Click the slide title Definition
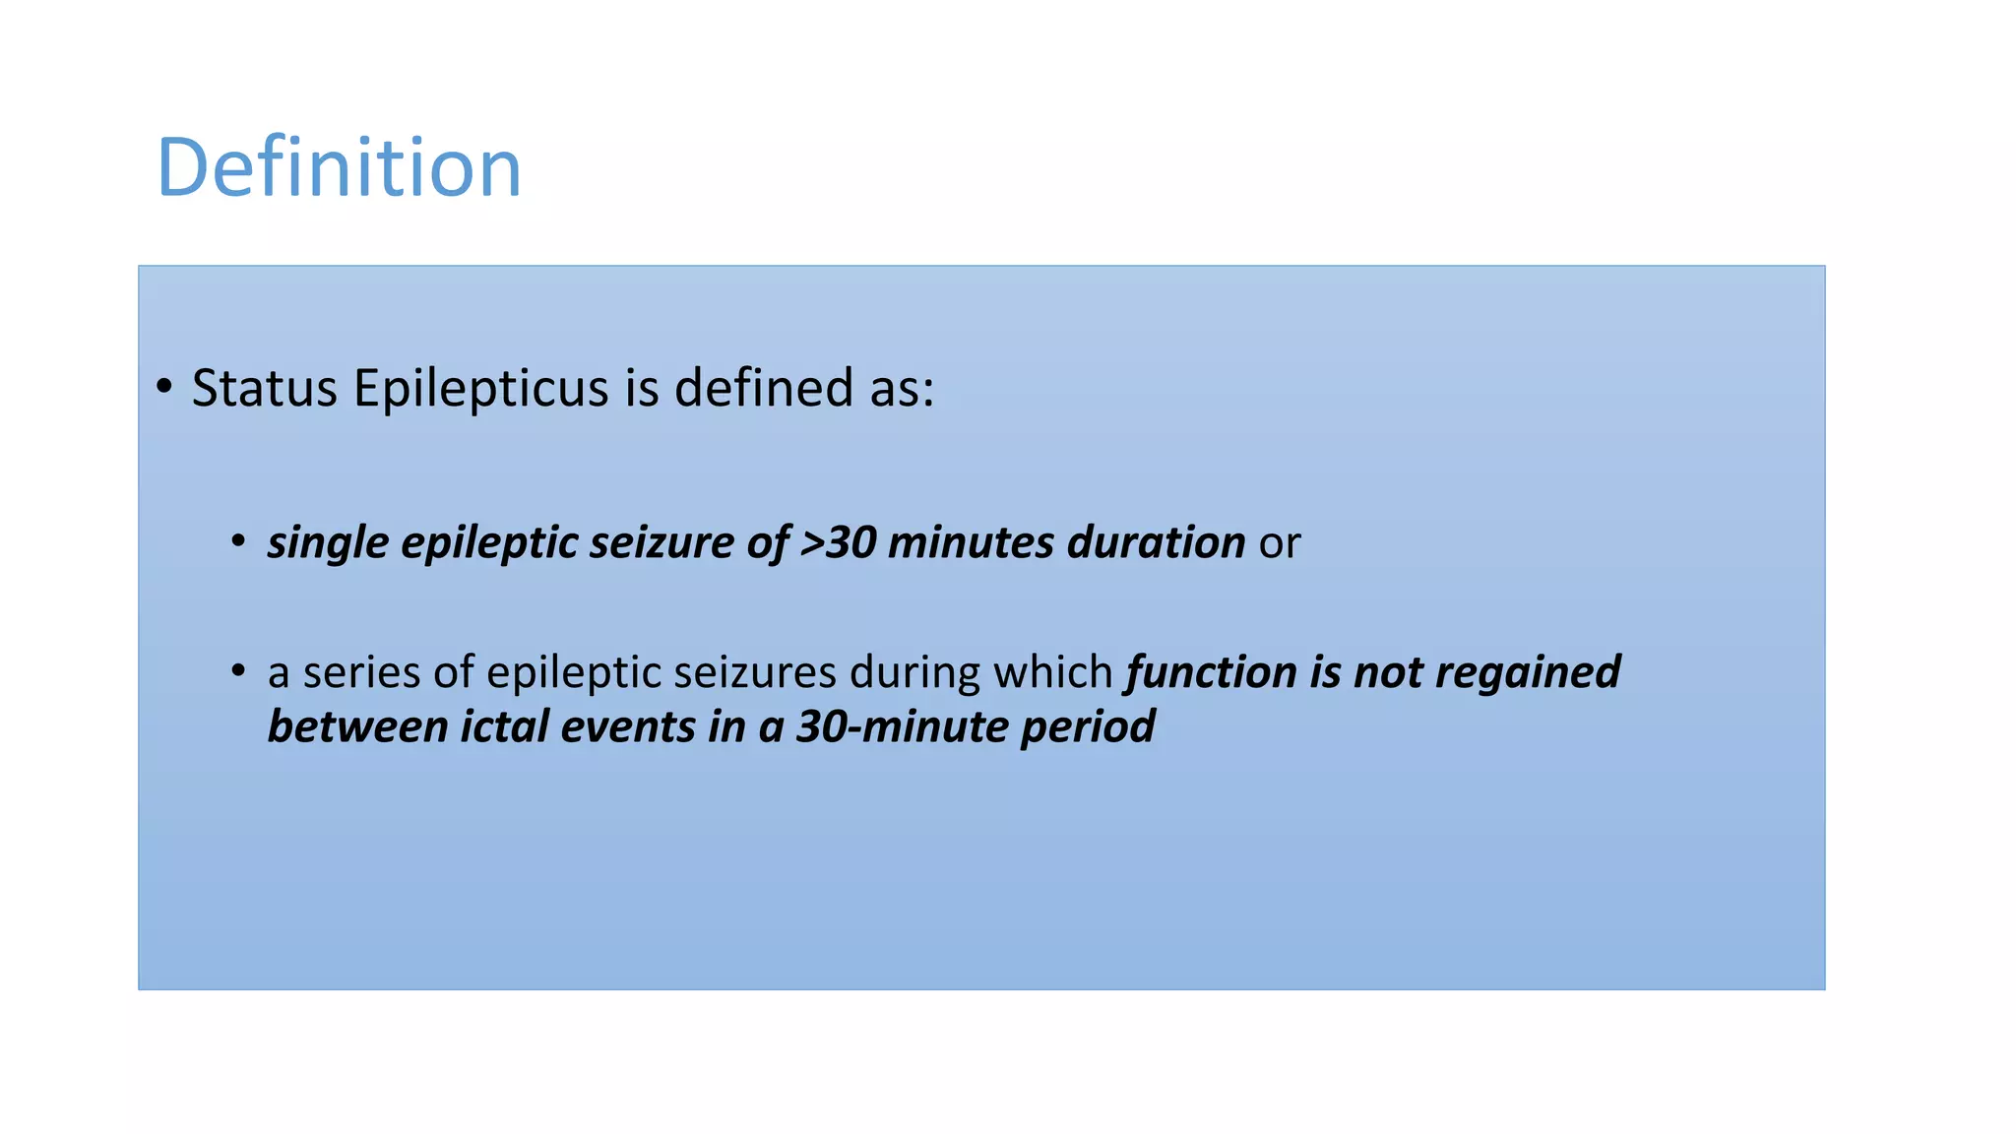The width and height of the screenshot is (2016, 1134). coord(339,168)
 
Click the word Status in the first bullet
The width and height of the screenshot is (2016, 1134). coord(264,388)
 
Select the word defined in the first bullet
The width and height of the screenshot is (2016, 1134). coord(763,388)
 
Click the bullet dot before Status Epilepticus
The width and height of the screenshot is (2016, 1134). coord(164,386)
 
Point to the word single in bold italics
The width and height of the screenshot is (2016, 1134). coord(328,543)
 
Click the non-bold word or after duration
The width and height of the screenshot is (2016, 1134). coord(1280,543)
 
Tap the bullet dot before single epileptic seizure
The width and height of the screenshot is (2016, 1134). coord(238,540)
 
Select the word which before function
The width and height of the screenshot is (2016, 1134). coord(1052,673)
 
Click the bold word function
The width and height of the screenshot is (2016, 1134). coord(1211,673)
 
